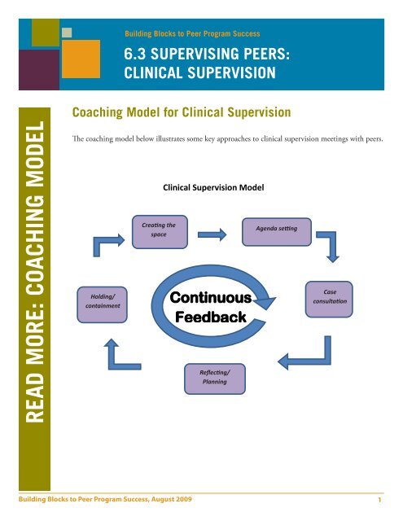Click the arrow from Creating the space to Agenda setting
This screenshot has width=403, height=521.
pos(212,234)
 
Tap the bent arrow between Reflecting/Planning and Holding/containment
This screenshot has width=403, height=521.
pos(116,354)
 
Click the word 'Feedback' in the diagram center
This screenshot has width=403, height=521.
pos(211,317)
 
